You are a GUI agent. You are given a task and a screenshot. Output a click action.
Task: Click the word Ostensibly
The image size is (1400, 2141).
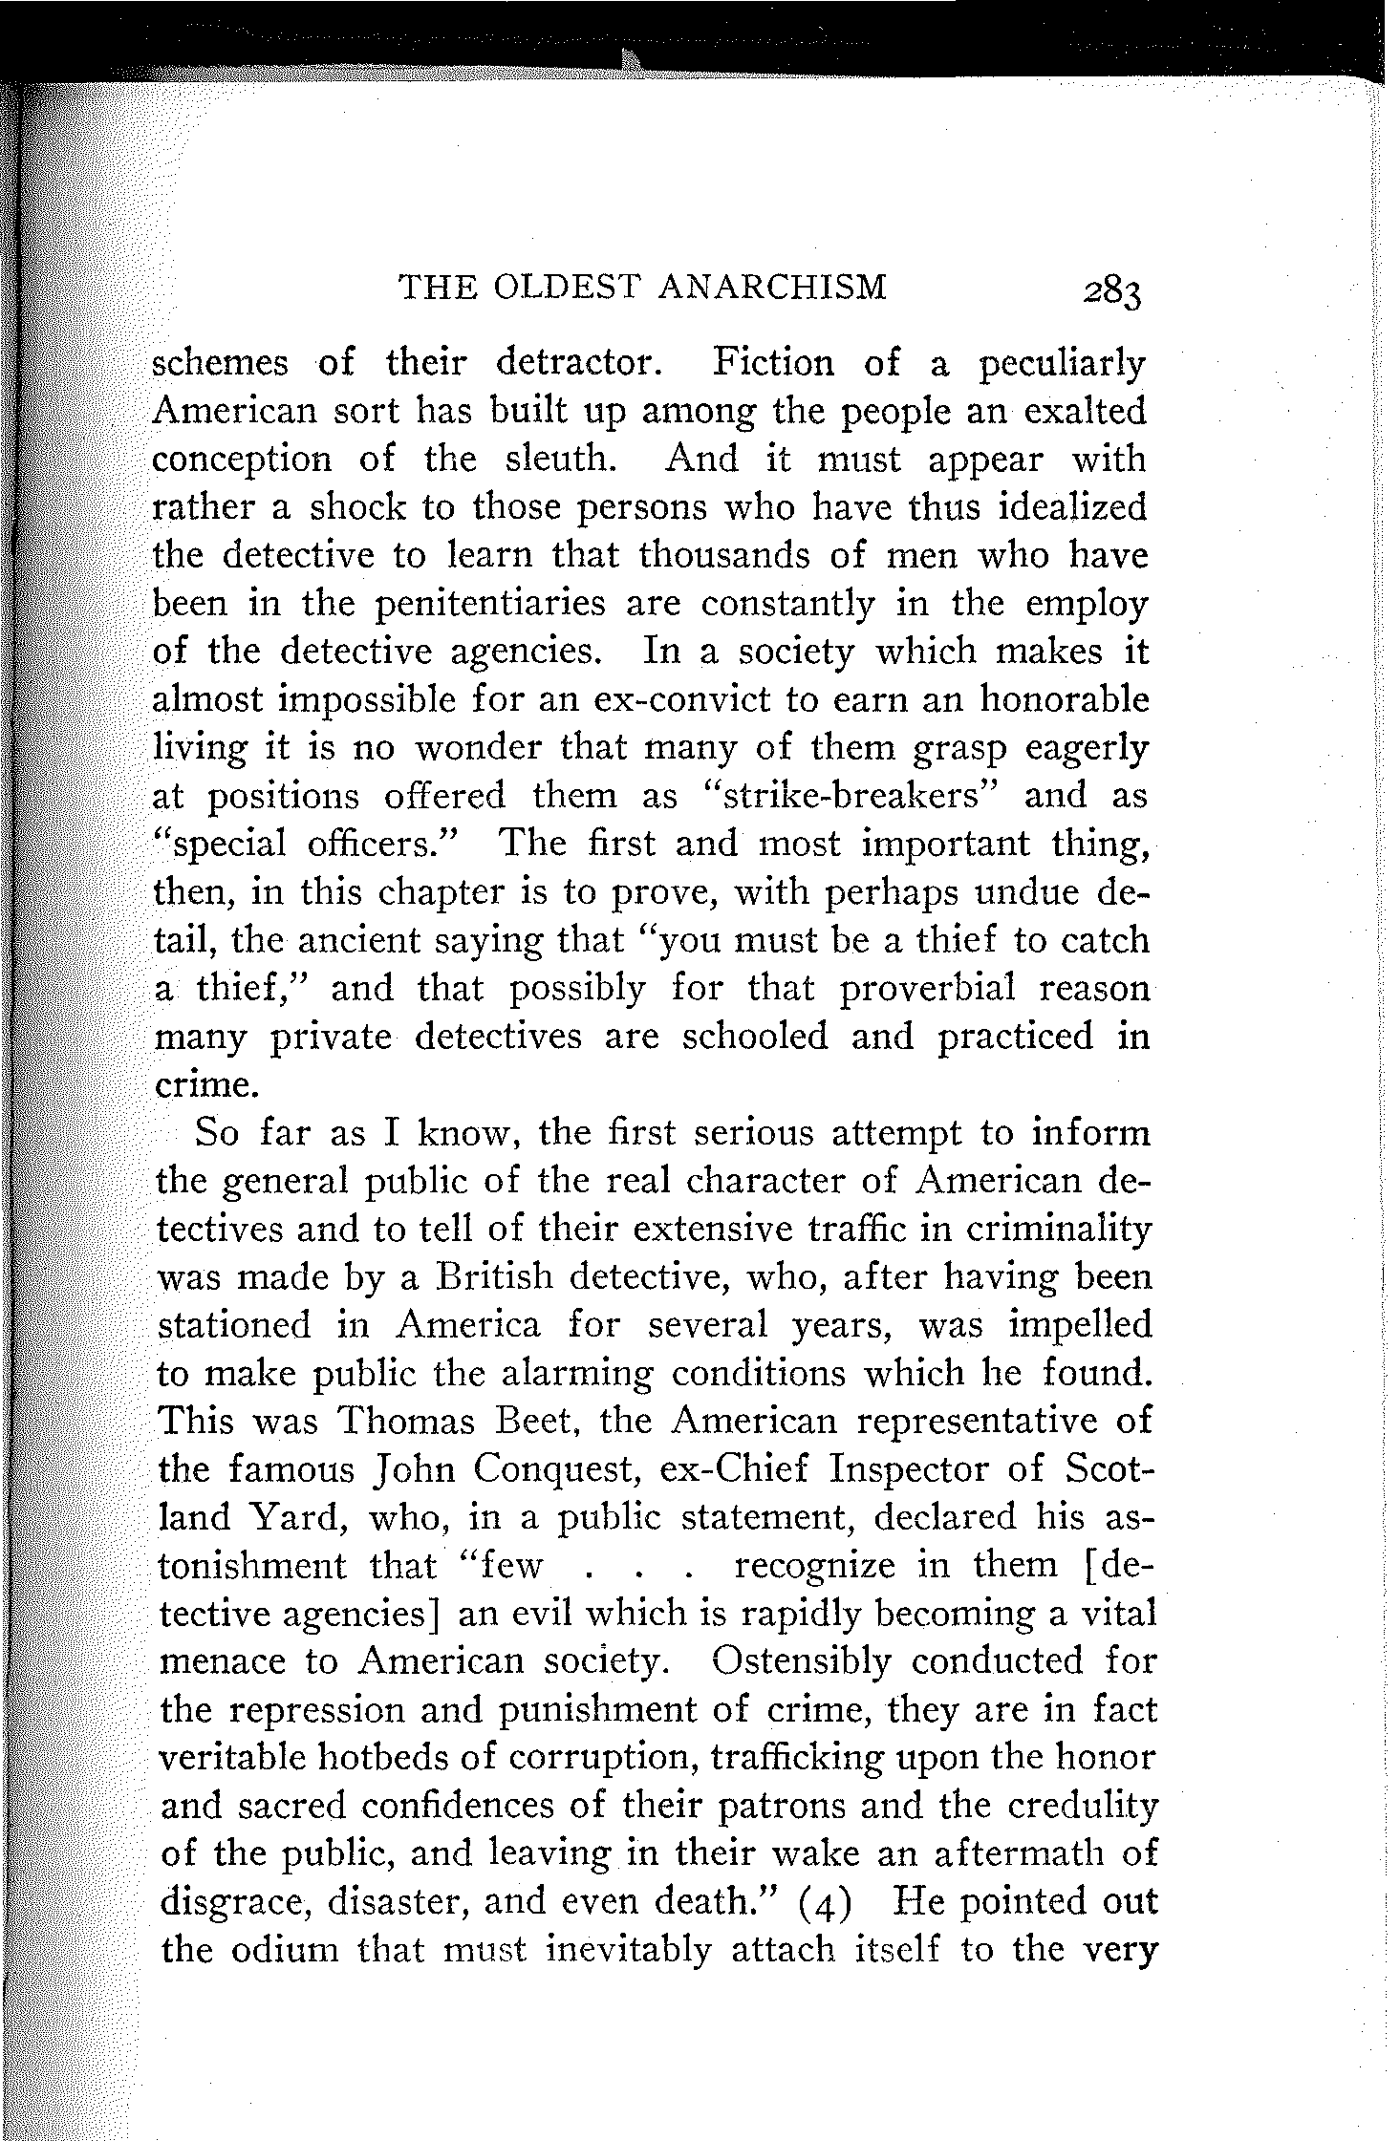pyautogui.click(x=801, y=1661)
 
